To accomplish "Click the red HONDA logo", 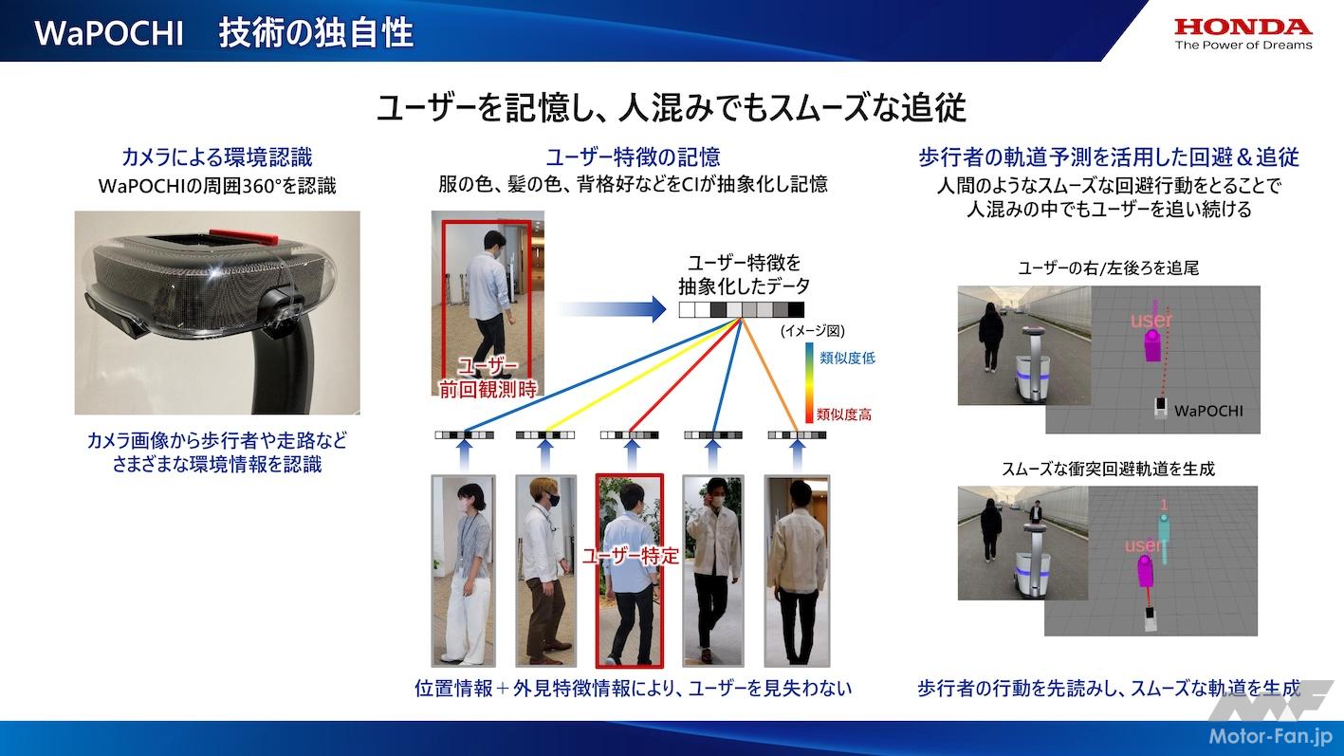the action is click(x=1243, y=27).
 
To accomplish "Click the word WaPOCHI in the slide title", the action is click(x=108, y=33).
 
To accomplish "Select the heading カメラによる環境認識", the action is click(x=217, y=157).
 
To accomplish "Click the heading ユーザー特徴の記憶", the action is click(x=633, y=157).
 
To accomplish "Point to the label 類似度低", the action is click(x=847, y=359).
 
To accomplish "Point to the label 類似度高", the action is click(x=844, y=414).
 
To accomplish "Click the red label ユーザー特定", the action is click(x=631, y=556).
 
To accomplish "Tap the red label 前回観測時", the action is click(x=488, y=390).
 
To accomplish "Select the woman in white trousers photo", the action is click(x=463, y=571).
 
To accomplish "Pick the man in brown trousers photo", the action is click(x=546, y=571).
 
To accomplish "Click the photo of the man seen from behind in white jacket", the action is click(x=797, y=571).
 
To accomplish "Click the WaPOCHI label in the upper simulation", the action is click(x=1208, y=411).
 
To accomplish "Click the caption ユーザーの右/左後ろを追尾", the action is click(x=1108, y=267).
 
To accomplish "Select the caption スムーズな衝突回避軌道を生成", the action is click(x=1108, y=469).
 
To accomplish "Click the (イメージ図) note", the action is click(x=813, y=331).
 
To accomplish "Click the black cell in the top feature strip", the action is click(x=796, y=309).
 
